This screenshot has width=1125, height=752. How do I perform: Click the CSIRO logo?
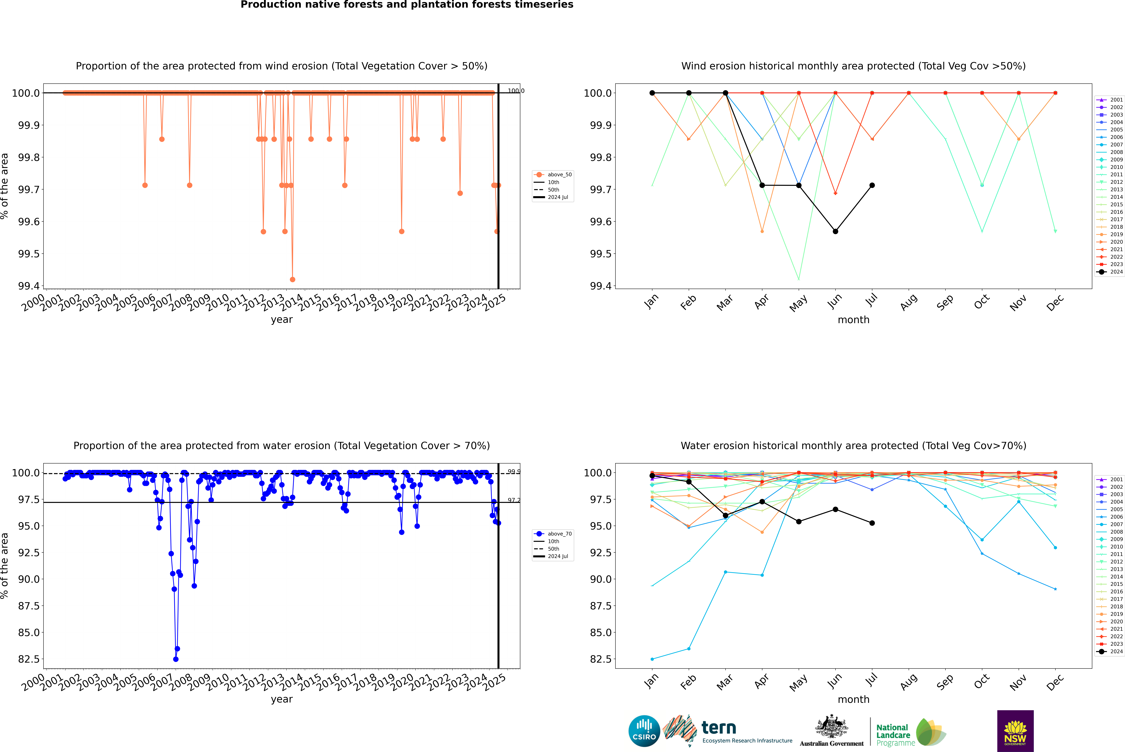pyautogui.click(x=644, y=731)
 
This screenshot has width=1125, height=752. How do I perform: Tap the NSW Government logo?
pyautogui.click(x=1015, y=731)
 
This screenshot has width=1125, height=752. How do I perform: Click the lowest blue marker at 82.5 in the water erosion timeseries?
pyautogui.click(x=176, y=659)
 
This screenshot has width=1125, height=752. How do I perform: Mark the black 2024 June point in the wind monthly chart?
pyautogui.click(x=835, y=231)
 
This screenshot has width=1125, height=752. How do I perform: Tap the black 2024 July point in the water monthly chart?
pyautogui.click(x=872, y=523)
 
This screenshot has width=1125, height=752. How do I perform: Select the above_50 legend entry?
pyautogui.click(x=553, y=175)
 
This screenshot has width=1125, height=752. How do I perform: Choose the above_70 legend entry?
pyautogui.click(x=553, y=534)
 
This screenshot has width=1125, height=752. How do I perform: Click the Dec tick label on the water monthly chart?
pyautogui.click(x=1055, y=682)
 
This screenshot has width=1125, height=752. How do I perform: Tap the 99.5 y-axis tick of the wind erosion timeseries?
pyautogui.click(x=29, y=254)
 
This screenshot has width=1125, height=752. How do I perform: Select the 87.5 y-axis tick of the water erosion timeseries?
pyautogui.click(x=29, y=606)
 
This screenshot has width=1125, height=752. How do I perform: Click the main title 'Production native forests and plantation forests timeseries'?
pyautogui.click(x=407, y=5)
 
